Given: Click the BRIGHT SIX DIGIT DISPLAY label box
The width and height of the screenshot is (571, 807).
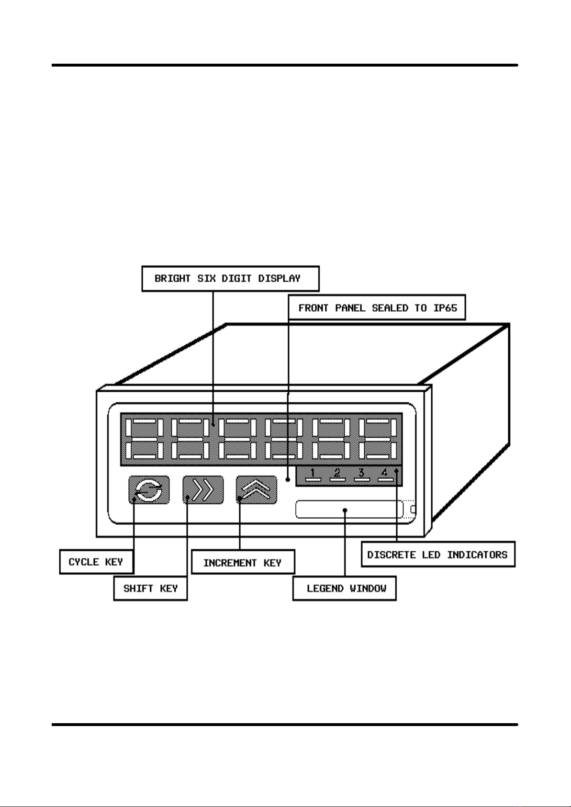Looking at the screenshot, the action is (230, 278).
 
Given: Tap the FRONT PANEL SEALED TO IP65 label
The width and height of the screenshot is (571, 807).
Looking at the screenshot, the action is (377, 307).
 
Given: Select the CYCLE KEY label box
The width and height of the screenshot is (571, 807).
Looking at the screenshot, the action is (97, 562).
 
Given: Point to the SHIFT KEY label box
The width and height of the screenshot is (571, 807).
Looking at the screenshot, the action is (150, 588).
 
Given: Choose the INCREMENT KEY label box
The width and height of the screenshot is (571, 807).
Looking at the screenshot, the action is (243, 562).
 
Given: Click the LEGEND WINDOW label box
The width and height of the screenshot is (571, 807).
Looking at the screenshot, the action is (345, 588).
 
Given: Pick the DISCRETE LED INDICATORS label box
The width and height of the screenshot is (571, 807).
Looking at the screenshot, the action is (438, 555).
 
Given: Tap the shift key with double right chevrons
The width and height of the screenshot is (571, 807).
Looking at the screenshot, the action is (203, 489).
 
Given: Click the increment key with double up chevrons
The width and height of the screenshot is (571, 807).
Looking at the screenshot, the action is (257, 489).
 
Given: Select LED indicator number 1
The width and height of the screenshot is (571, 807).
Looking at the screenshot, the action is (313, 475).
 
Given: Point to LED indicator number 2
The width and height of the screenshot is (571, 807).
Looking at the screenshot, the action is (337, 475).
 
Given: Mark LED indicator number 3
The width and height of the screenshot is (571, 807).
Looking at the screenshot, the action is (361, 475).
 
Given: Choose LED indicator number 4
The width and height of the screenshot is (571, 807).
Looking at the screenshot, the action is (385, 475).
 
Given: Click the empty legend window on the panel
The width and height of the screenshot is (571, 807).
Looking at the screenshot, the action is (349, 509).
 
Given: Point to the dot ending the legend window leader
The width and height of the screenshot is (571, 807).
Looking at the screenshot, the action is (345, 510).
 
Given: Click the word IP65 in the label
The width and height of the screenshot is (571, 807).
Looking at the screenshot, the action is (445, 308).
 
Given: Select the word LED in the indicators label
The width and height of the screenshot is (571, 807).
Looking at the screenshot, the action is (431, 555).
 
